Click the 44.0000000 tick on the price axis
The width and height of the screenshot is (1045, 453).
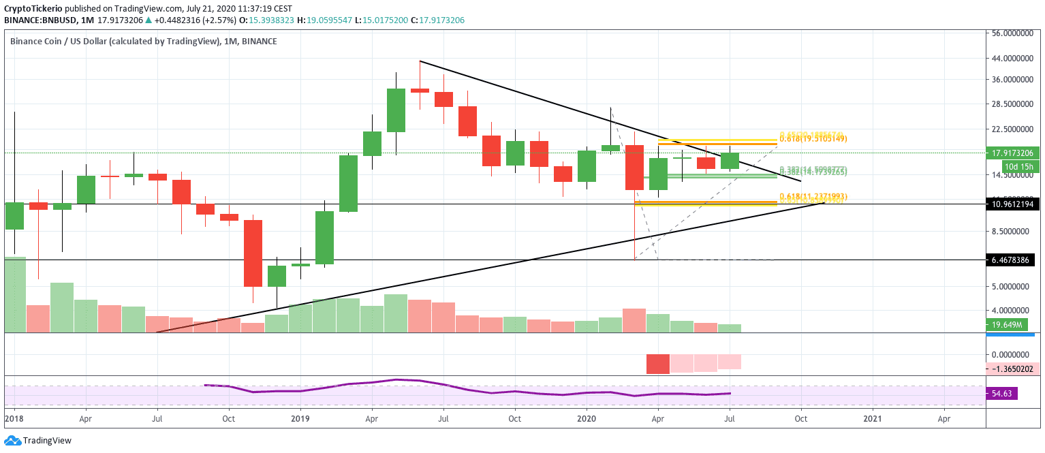tap(1013, 59)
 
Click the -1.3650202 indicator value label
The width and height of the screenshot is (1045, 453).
tap(1013, 369)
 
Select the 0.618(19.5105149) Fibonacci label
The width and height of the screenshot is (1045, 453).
tap(813, 139)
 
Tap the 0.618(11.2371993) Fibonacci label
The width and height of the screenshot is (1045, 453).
tap(813, 196)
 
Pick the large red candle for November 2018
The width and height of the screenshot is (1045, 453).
tap(253, 253)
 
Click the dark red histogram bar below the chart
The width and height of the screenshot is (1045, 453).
tap(657, 364)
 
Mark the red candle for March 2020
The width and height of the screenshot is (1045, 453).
tap(634, 167)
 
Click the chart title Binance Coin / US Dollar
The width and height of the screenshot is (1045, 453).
tap(114, 42)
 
